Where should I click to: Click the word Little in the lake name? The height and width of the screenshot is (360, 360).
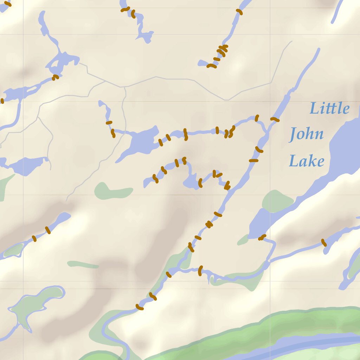click(329, 108)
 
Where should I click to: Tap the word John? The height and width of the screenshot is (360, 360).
click(306, 134)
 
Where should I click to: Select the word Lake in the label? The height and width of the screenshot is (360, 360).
click(306, 161)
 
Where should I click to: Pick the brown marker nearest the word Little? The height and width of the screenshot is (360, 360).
click(275, 120)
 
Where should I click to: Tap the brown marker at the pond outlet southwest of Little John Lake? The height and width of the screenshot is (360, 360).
click(262, 238)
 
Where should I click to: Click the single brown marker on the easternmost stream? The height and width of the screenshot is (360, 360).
click(324, 243)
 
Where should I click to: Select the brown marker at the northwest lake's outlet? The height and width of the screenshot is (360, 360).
click(55, 77)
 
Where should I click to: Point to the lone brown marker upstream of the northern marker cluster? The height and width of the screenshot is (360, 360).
click(239, 12)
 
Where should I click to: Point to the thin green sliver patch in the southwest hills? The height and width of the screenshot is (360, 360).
click(83, 264)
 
